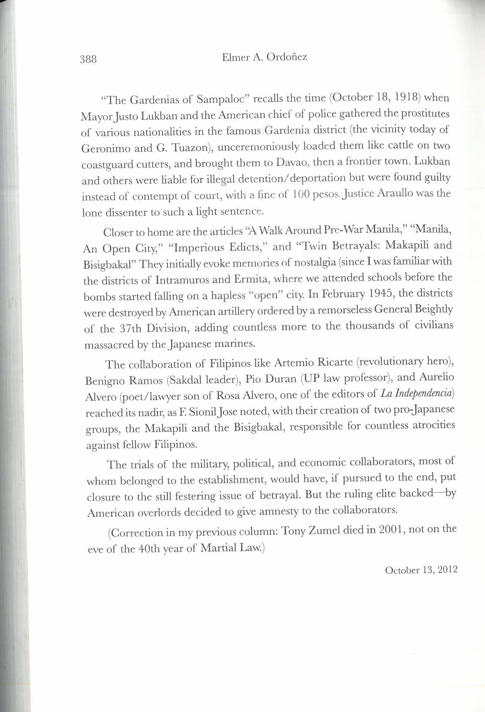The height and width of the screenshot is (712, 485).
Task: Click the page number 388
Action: point(88,59)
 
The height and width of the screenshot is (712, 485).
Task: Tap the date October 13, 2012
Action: point(421,570)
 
